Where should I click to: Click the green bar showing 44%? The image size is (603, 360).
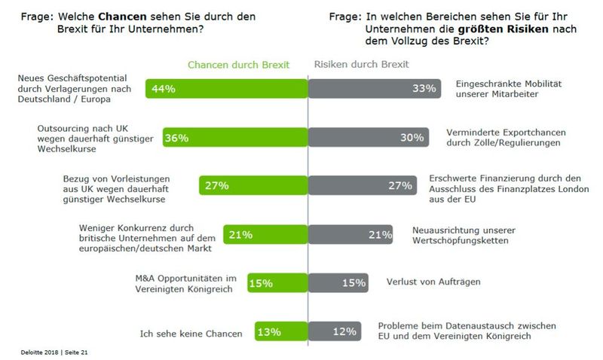pos(227,89)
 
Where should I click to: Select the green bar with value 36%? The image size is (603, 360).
pos(227,138)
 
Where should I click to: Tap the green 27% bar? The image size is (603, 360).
pos(253,185)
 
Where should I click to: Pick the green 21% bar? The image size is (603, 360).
pos(265,234)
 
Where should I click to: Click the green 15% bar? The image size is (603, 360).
pos(277,282)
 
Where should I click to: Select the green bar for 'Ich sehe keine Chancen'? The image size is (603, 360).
pos(281,331)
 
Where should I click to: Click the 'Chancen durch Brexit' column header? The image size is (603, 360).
pos(237,64)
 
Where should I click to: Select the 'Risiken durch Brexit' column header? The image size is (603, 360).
pos(361,64)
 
